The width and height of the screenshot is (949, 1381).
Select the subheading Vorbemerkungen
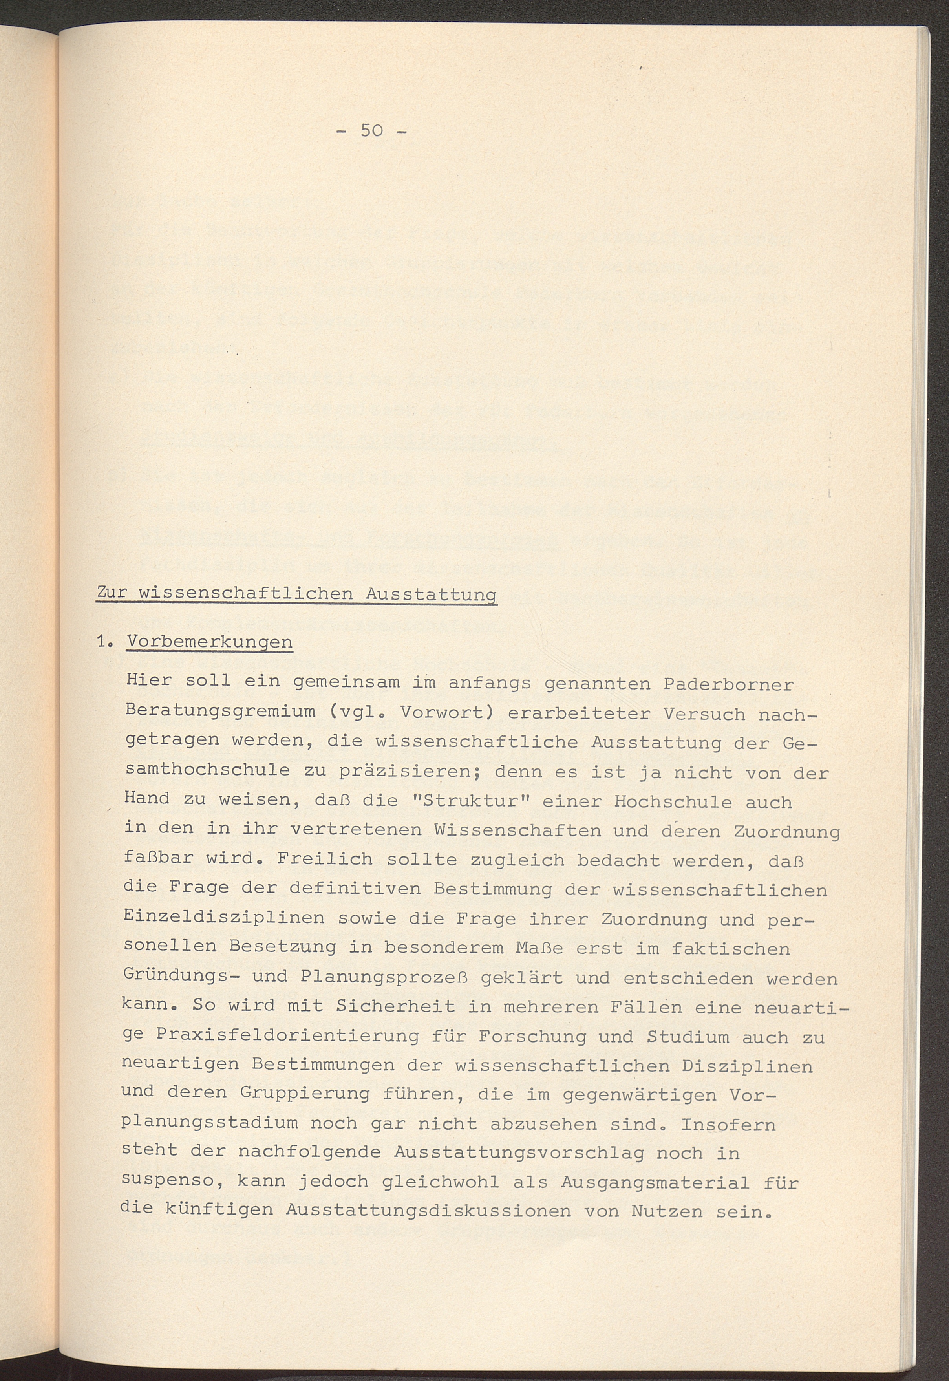tap(209, 643)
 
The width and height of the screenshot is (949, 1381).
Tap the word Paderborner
tap(728, 684)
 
